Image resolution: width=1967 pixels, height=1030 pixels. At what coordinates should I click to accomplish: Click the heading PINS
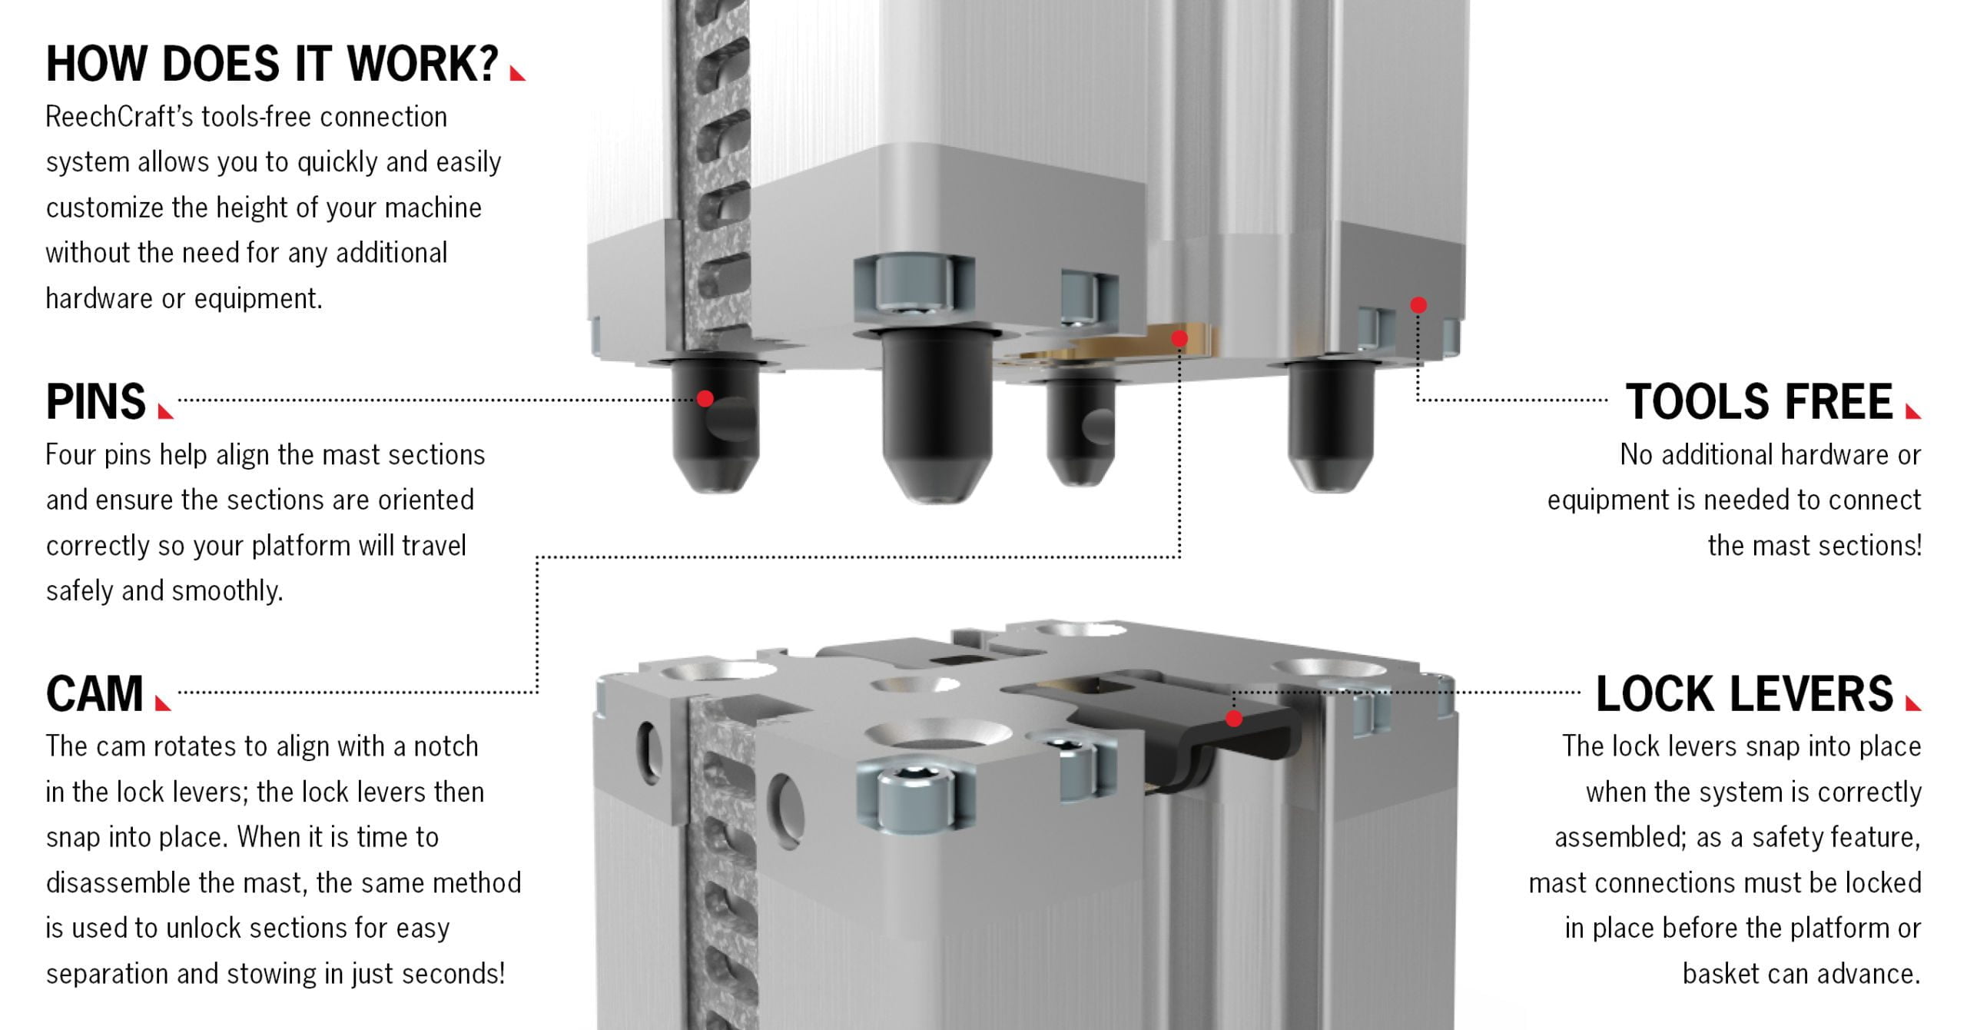[x=95, y=401]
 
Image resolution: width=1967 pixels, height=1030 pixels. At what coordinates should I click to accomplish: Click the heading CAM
[x=95, y=693]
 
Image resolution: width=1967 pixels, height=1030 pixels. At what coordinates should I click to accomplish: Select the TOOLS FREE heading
[x=1759, y=401]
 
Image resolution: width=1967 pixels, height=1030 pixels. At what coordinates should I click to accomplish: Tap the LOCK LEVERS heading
[x=1745, y=693]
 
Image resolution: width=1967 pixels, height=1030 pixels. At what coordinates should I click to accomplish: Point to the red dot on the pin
[x=705, y=398]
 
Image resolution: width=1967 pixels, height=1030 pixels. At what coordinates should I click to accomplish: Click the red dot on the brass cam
[x=1179, y=338]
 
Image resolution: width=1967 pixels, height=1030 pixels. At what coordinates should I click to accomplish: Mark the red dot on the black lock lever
[x=1234, y=719]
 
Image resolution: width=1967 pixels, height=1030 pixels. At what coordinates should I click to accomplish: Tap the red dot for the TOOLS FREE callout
[x=1418, y=305]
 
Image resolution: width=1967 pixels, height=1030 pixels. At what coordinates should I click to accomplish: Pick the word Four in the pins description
[x=71, y=455]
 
